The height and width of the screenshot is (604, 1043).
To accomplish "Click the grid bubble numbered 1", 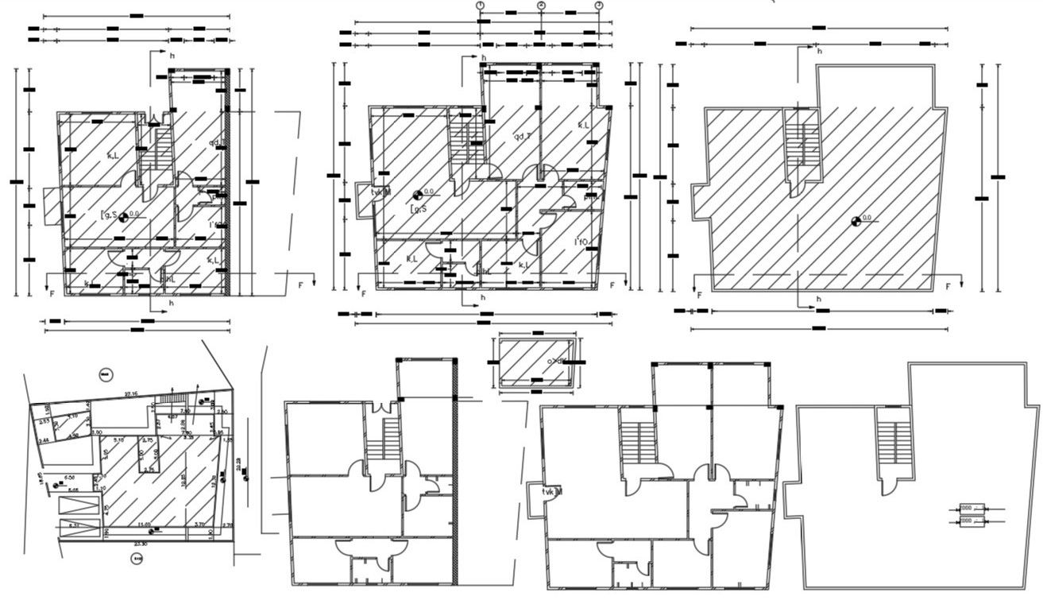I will click(480, 5).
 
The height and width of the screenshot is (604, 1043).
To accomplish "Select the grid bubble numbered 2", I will click(541, 5).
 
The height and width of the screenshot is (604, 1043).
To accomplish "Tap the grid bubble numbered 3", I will click(599, 5).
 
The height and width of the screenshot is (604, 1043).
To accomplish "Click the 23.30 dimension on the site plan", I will click(140, 544).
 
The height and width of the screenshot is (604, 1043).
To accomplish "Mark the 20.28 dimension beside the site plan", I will click(239, 463).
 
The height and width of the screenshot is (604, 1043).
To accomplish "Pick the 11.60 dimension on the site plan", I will click(145, 525).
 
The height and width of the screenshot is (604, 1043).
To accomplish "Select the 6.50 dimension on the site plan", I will click(70, 478).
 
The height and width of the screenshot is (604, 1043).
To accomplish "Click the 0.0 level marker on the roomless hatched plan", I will click(856, 220).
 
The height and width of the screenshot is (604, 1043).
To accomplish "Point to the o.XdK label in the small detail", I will click(555, 362).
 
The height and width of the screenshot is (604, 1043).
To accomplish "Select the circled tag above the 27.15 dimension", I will click(105, 374).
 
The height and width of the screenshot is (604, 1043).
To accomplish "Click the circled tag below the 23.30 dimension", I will click(136, 559).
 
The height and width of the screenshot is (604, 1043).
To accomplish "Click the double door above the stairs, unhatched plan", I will click(384, 407).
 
